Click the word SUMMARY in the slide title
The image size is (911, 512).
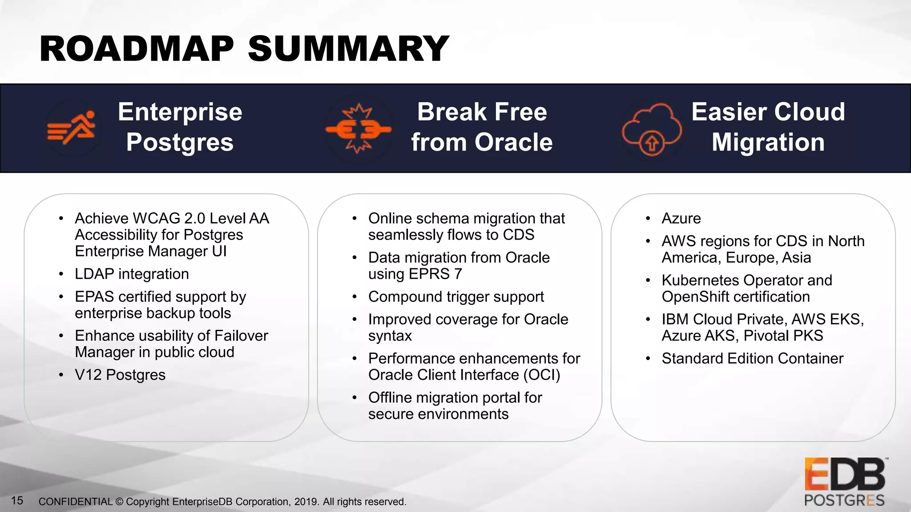(348, 49)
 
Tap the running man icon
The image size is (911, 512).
(73, 128)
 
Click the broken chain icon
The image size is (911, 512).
(359, 129)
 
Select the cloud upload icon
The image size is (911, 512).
(651, 129)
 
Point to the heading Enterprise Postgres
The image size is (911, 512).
(180, 127)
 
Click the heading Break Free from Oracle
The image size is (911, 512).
(482, 127)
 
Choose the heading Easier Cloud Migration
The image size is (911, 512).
(768, 127)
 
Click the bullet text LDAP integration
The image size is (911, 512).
(132, 274)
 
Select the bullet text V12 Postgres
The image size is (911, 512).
(120, 375)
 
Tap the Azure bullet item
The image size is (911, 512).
(681, 219)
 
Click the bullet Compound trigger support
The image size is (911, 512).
(455, 297)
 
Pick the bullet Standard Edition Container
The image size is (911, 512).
(752, 359)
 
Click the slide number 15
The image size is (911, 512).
(17, 501)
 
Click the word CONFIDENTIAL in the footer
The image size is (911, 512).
(75, 502)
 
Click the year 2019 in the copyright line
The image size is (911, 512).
(306, 502)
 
